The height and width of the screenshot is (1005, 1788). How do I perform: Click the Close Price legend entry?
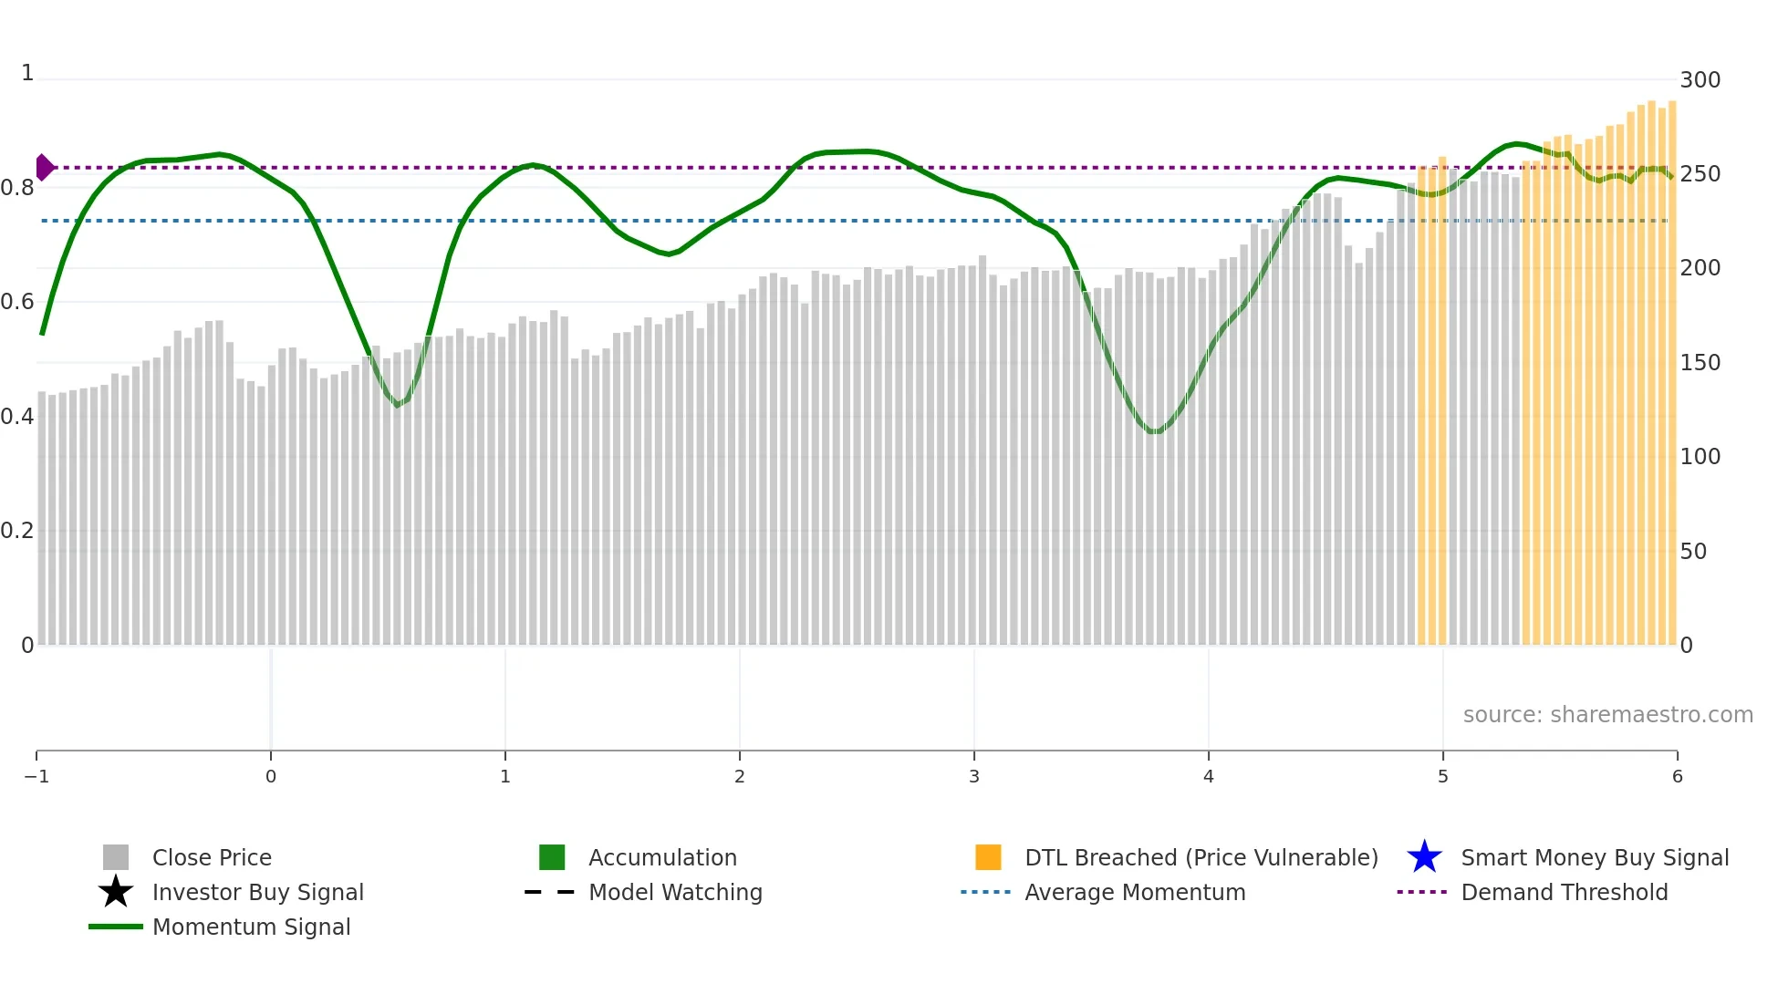212,857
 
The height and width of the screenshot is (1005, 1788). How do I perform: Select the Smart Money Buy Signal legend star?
1424,857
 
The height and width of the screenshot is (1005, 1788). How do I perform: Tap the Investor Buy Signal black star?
116,892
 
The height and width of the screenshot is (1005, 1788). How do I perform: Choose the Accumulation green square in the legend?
552,857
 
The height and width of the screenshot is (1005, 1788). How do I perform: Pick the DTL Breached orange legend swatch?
988,857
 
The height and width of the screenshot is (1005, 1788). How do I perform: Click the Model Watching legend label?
675,892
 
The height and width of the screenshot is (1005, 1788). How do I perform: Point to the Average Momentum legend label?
1135,892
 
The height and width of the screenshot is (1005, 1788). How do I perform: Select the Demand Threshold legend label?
1564,892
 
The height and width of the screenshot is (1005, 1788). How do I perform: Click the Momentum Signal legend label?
251,927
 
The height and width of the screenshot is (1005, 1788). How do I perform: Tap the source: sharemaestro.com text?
1607,714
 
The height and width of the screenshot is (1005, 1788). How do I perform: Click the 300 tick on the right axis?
1700,80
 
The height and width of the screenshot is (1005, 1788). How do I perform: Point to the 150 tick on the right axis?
1700,363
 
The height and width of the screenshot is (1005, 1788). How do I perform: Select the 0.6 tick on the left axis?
17,302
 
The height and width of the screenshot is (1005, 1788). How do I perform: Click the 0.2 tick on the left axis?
17,531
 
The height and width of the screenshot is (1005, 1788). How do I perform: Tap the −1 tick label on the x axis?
36,776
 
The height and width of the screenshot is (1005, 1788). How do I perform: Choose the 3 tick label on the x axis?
974,776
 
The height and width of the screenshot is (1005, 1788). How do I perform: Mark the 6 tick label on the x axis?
1677,776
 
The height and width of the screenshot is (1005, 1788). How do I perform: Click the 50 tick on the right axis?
1693,552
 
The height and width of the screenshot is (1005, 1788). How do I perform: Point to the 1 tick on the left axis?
27,73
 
